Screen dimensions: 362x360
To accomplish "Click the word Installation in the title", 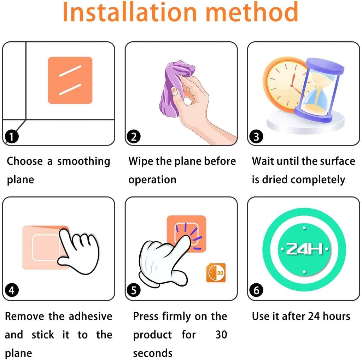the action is click(129, 12).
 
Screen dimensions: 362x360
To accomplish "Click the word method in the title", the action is click(252, 12).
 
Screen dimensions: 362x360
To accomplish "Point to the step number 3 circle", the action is click(256, 136).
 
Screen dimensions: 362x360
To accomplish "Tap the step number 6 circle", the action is click(256, 290).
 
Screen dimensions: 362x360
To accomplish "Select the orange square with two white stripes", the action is click(70, 80).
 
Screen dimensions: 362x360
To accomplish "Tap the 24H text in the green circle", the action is click(304, 249).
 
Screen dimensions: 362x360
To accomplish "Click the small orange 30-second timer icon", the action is click(216, 272).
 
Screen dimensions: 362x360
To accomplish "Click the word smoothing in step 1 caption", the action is click(83, 161).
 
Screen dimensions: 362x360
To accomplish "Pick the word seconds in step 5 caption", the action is click(153, 353).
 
